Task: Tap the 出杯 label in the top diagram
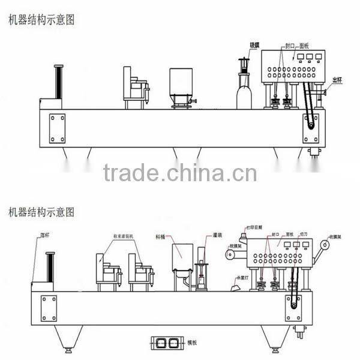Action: pos(337,80)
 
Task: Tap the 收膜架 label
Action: pos(337,236)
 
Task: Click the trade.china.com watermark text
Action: pos(179,173)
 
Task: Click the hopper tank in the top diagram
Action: pos(181,84)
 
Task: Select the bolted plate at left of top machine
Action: pos(57,128)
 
